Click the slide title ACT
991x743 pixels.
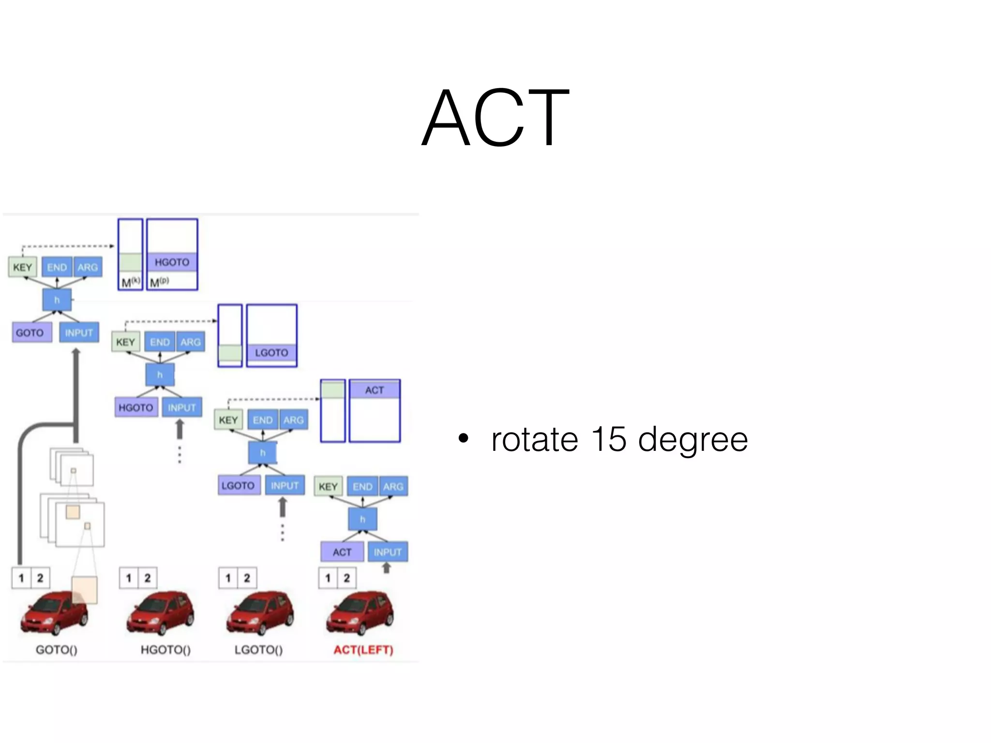click(x=495, y=117)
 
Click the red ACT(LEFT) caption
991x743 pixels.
click(x=363, y=650)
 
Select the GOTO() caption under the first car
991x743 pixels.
click(x=57, y=650)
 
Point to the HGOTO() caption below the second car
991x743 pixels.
click(x=165, y=650)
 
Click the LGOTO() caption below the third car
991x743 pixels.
click(x=258, y=650)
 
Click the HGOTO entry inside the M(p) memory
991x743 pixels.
click(x=172, y=262)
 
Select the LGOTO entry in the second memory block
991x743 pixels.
click(x=271, y=353)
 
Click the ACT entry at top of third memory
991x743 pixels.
click(x=375, y=390)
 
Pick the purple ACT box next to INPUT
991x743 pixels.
click(x=342, y=552)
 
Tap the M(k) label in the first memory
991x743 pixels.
click(x=130, y=282)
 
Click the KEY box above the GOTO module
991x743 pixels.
click(x=22, y=267)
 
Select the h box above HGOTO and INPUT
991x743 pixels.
click(x=160, y=374)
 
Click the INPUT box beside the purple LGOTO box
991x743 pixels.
click(x=285, y=485)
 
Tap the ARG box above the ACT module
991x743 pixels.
click(x=393, y=487)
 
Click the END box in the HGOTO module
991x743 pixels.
click(x=160, y=342)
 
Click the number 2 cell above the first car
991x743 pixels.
click(x=40, y=578)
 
